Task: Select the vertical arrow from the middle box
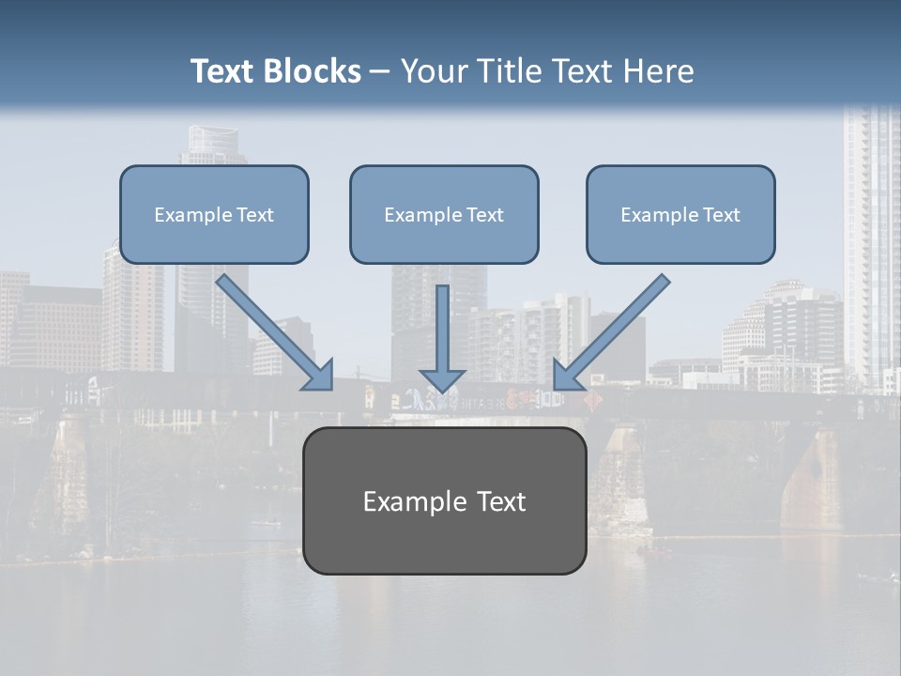tap(442, 329)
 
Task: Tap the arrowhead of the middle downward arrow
tap(442, 380)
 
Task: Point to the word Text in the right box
tap(721, 215)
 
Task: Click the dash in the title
tap(380, 71)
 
